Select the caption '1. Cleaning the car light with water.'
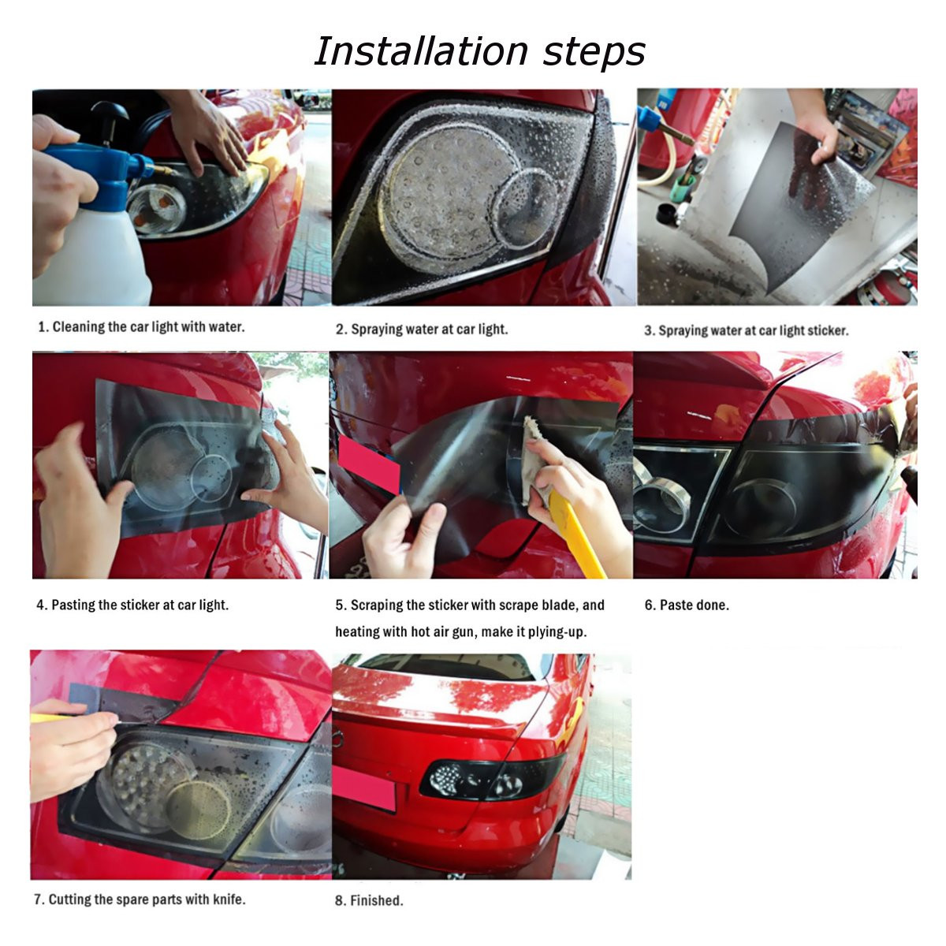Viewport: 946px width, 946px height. (x=141, y=327)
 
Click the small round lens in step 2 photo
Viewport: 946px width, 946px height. (x=526, y=207)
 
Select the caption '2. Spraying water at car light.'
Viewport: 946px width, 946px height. (x=422, y=330)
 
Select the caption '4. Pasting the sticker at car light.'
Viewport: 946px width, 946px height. (x=132, y=605)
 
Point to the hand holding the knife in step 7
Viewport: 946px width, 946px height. (x=71, y=749)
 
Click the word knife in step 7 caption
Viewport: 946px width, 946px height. (x=228, y=899)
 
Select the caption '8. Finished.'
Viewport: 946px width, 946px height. (x=369, y=900)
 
